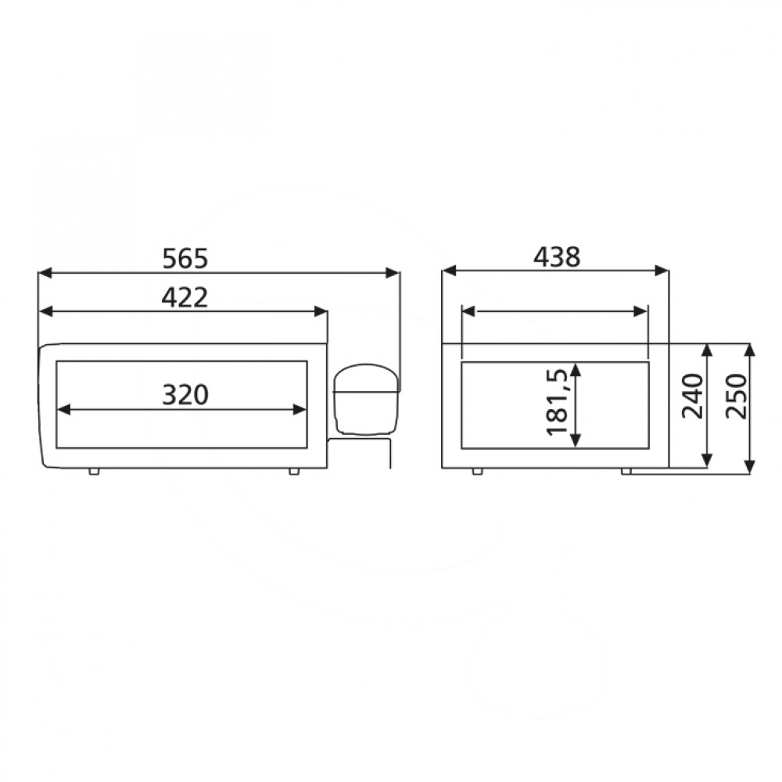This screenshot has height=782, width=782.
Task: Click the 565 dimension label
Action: (x=185, y=259)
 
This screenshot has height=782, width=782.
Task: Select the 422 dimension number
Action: (x=185, y=298)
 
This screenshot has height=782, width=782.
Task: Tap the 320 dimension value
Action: (x=185, y=395)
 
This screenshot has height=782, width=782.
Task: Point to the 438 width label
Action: (x=557, y=258)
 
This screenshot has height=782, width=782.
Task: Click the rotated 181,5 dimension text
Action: (x=558, y=402)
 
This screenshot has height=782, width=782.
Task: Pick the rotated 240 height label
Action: (x=692, y=396)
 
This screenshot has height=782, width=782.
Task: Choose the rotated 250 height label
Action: (x=737, y=396)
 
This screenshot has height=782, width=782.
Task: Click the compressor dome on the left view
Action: (x=366, y=399)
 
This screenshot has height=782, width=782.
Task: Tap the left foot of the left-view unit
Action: (x=94, y=472)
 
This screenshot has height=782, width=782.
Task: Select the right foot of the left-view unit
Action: (x=294, y=472)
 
